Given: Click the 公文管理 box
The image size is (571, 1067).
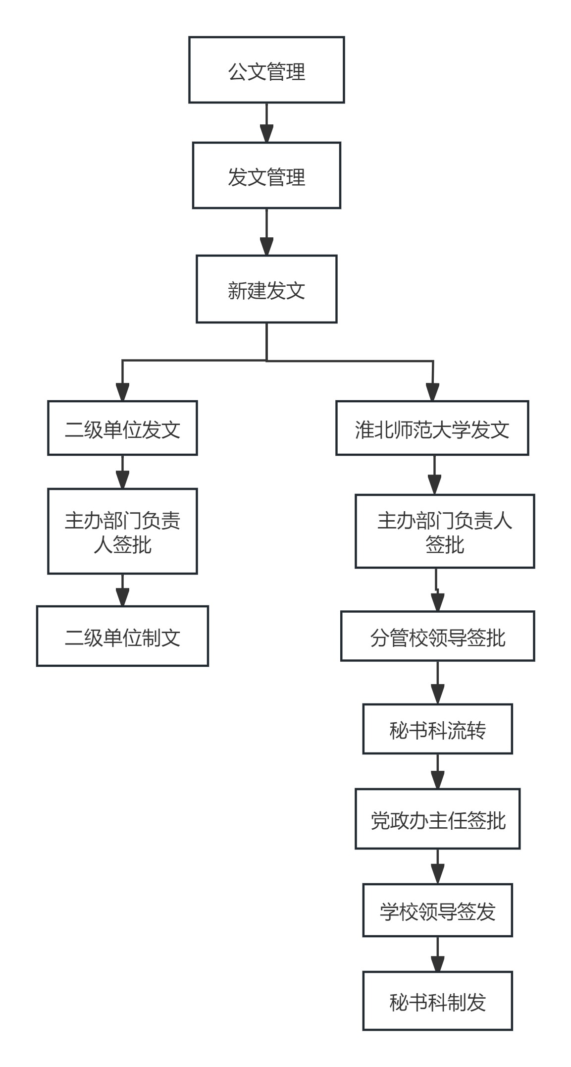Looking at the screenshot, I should [x=266, y=70].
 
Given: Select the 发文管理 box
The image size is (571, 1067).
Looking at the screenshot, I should [x=266, y=175].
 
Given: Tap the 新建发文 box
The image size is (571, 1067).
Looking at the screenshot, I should [x=266, y=289].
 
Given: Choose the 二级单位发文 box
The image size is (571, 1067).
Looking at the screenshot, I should [x=122, y=428].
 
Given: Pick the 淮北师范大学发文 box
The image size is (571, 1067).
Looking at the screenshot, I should [x=432, y=428].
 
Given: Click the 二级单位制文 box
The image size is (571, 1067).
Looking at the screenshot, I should [x=122, y=636].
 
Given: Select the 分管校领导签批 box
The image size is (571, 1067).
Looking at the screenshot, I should [x=437, y=636].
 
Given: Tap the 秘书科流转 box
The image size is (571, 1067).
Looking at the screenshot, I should [x=437, y=729].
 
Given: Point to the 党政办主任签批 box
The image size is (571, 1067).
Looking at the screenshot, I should [x=437, y=819].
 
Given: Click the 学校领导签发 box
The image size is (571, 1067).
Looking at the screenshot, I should [x=437, y=910].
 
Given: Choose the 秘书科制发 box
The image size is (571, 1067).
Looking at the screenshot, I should [x=437, y=1001].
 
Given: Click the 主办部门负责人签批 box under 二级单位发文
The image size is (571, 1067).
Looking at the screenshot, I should [x=122, y=532].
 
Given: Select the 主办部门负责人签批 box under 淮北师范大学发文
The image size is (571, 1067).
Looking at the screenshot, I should [x=444, y=531].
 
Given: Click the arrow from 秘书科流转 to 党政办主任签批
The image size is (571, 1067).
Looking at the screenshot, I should [x=437, y=771].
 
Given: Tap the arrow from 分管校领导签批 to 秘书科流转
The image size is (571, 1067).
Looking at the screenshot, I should [x=437, y=682].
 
